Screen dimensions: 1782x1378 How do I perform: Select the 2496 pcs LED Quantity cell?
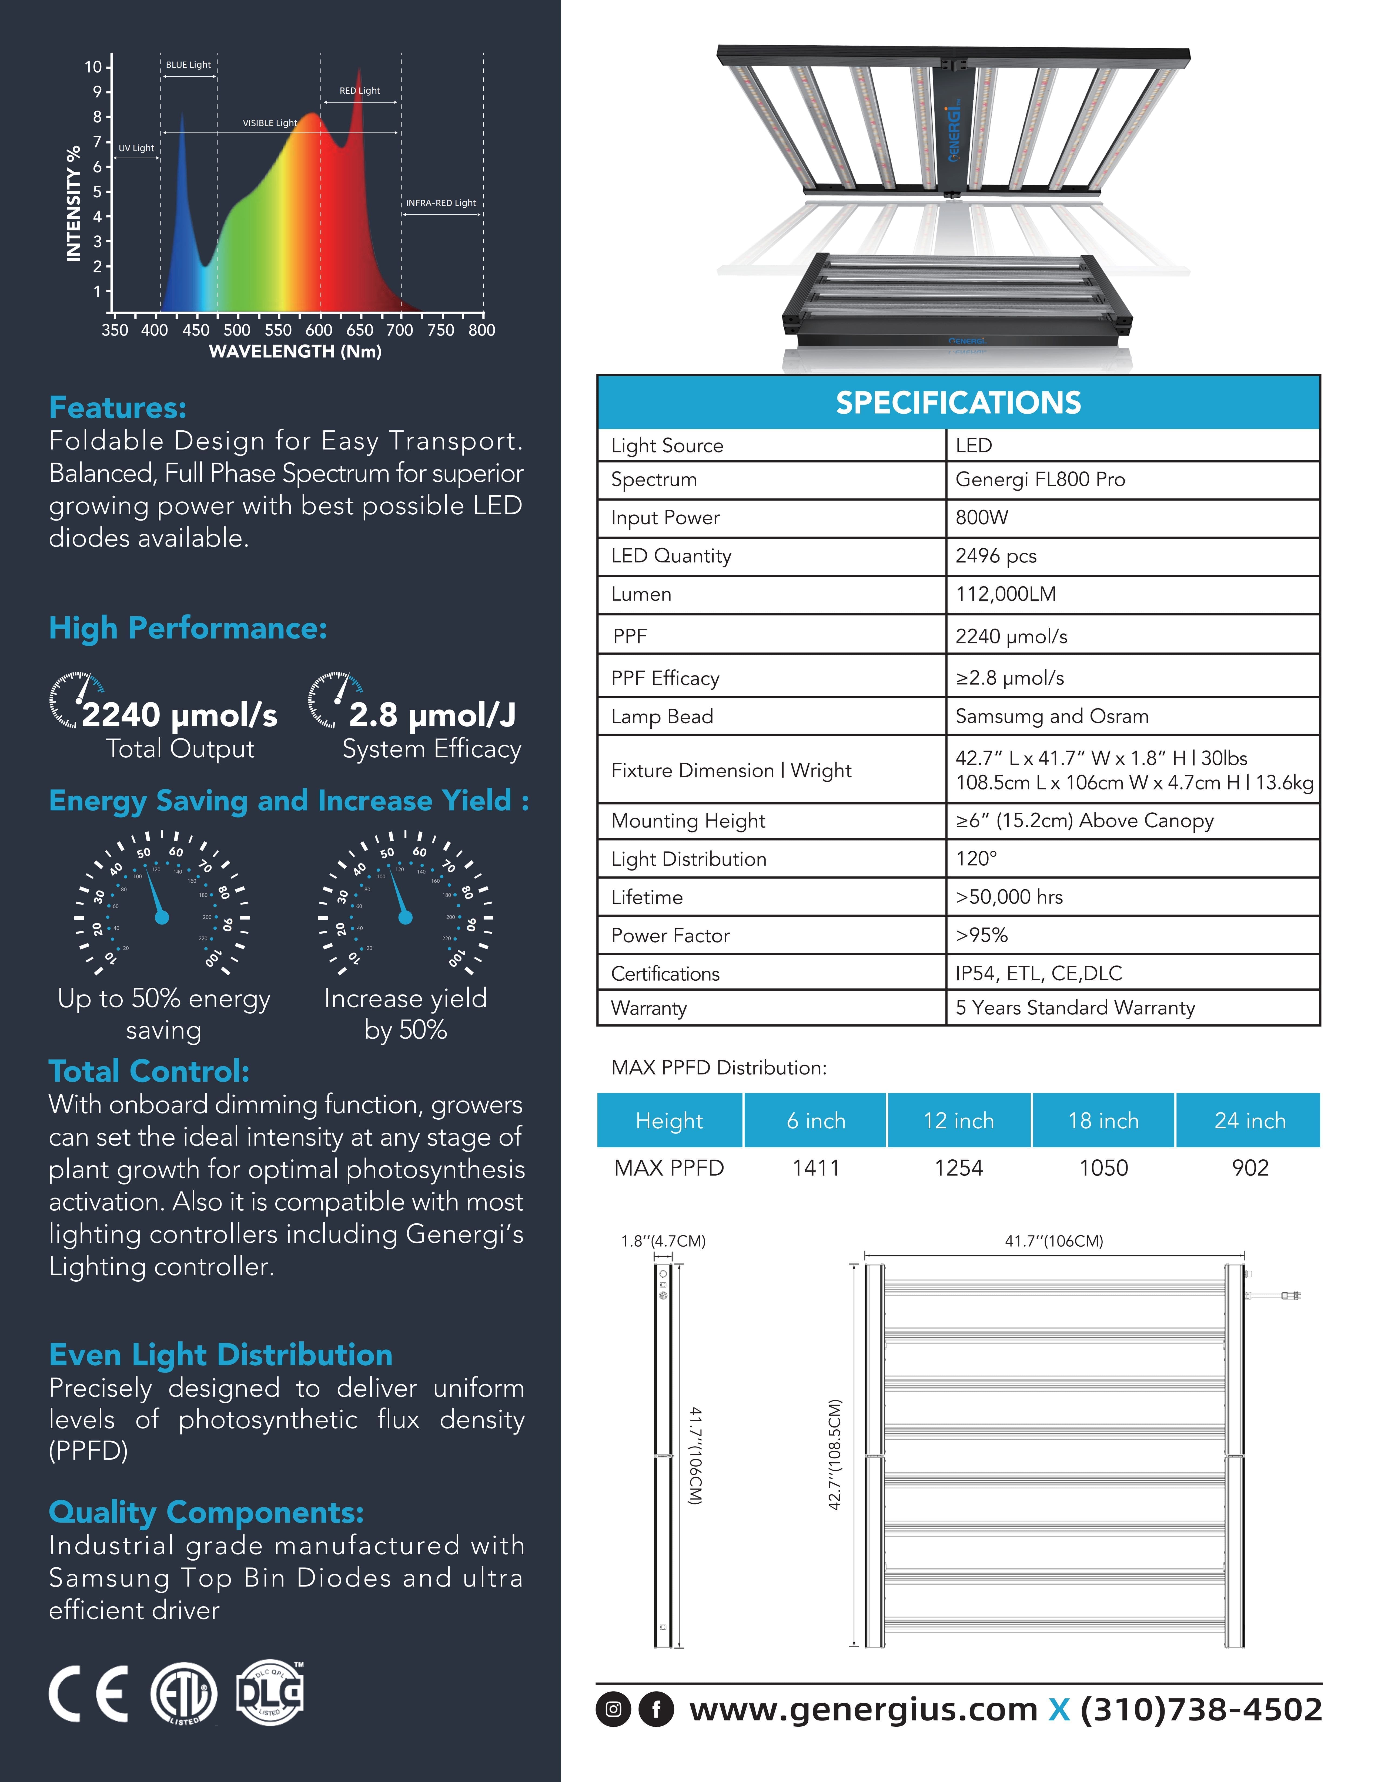tap(996, 556)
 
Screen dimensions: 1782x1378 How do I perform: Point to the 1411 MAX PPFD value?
tap(815, 1167)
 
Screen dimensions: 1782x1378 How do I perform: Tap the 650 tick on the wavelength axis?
tap(359, 330)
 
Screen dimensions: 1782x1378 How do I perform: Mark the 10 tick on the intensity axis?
tap(93, 67)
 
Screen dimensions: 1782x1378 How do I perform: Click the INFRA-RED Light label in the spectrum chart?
tap(441, 203)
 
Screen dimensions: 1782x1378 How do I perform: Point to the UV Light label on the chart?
tap(136, 148)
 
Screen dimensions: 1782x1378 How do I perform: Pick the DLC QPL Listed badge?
tap(269, 1693)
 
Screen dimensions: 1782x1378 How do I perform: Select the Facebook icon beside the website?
tap(655, 1709)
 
